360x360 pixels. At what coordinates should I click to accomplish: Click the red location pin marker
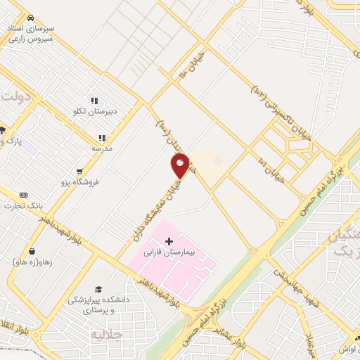coord(180,165)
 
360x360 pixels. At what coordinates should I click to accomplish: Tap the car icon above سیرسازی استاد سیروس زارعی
coord(30,17)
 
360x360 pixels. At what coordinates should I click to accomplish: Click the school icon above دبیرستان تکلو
coord(94,100)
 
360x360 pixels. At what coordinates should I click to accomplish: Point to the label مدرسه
coord(102,148)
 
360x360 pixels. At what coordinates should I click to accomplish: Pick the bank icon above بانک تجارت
coord(24,195)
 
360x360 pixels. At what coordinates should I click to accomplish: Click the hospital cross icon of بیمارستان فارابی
coord(169,241)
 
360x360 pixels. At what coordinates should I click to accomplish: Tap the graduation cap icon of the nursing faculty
coord(98,289)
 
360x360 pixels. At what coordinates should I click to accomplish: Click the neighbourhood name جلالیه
coord(101,335)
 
